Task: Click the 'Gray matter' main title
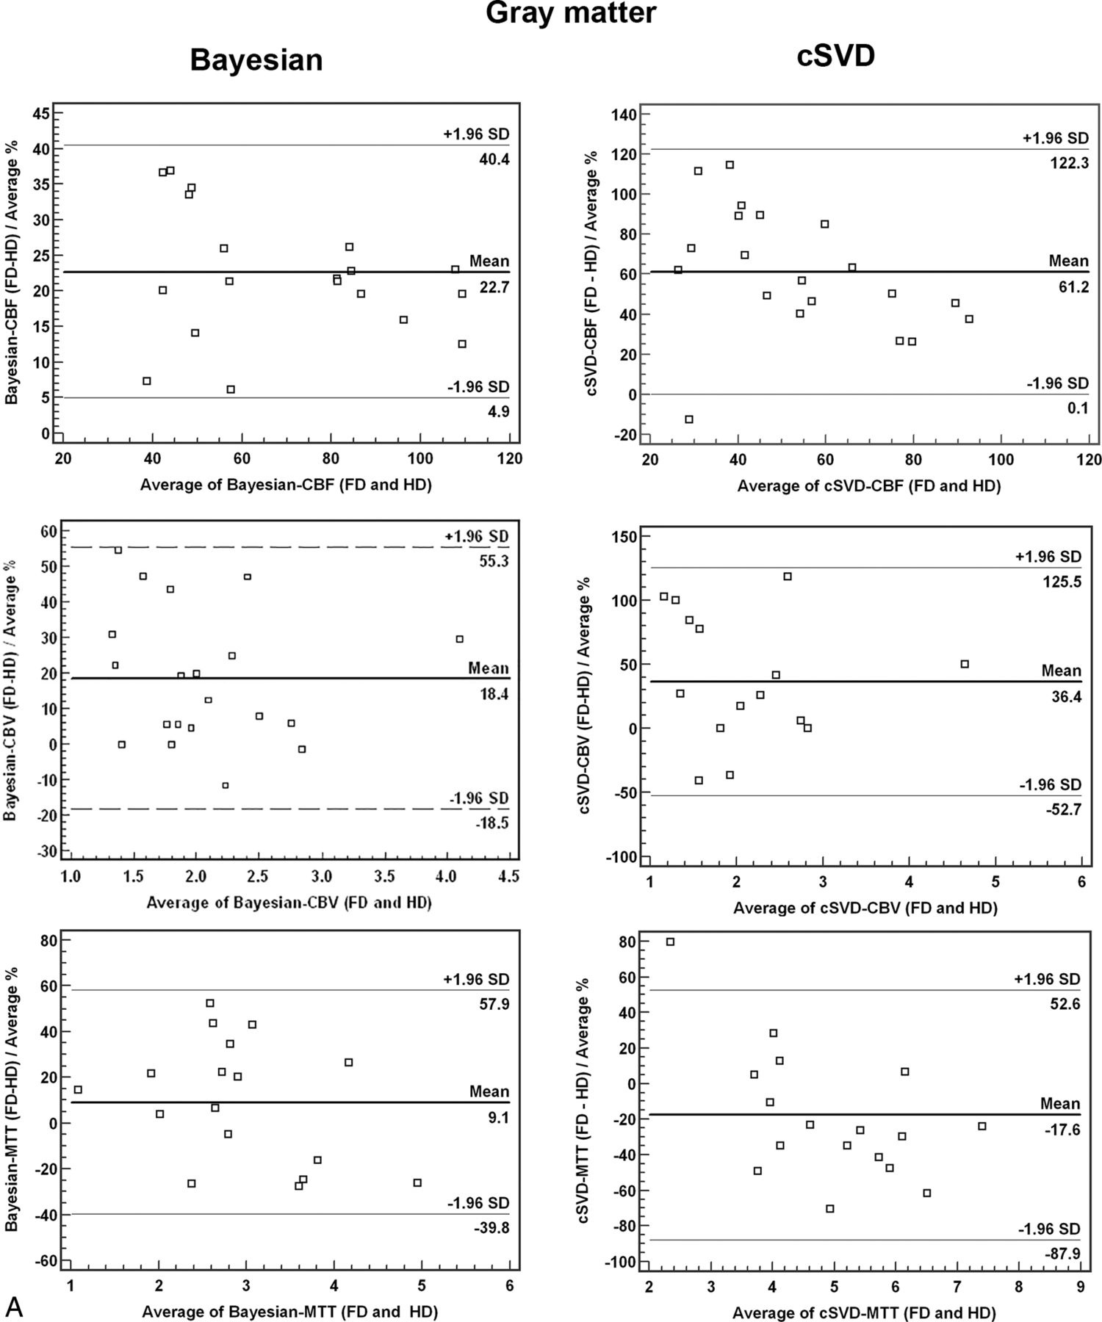coord(571,12)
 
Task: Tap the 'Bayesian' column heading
coord(256,59)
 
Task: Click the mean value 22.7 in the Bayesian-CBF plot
coord(494,288)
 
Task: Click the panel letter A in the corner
coord(14,1305)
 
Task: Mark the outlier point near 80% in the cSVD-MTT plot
coord(670,942)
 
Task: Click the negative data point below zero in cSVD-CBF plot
coord(689,419)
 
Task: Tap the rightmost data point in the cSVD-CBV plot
coord(965,664)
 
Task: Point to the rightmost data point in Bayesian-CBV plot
coord(460,639)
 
